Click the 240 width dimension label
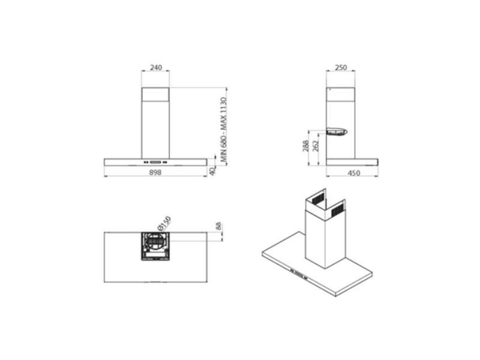pos(155,68)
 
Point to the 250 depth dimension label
pos(341,68)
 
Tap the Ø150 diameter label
pos(163,224)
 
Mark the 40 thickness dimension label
pos(212,170)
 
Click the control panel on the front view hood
pos(155,161)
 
